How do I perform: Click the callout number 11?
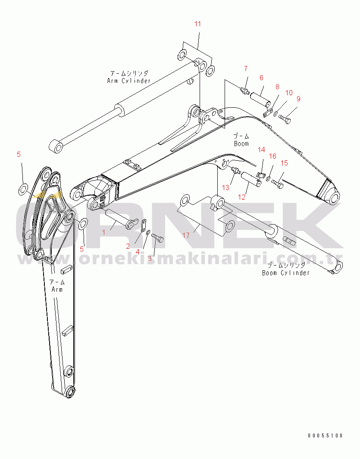click(197, 24)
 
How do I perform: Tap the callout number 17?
click(186, 235)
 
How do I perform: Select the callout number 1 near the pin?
click(103, 232)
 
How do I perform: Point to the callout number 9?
click(298, 99)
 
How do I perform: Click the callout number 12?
click(242, 197)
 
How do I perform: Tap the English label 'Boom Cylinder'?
click(286, 273)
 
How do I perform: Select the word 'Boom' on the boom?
click(241, 144)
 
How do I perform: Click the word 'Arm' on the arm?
click(57, 289)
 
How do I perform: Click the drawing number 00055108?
click(326, 436)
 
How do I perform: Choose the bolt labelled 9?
click(285, 119)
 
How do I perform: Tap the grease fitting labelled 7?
click(244, 91)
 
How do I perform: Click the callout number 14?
click(261, 150)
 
